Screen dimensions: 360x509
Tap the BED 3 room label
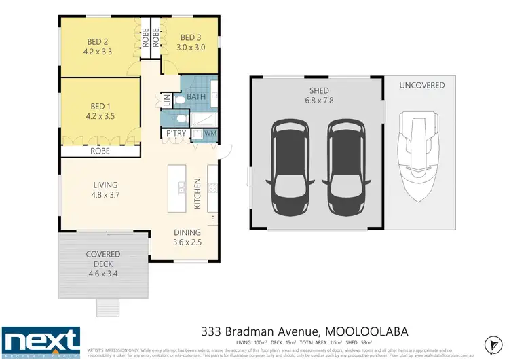[x=191, y=38]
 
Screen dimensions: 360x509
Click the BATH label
[x=196, y=98]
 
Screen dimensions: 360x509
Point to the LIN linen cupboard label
[x=168, y=100]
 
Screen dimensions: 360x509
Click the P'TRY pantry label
[x=176, y=133]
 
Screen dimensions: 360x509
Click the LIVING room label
[x=106, y=185]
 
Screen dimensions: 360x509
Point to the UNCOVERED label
[x=421, y=85]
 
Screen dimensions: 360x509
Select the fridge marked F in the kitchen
[x=212, y=219]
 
